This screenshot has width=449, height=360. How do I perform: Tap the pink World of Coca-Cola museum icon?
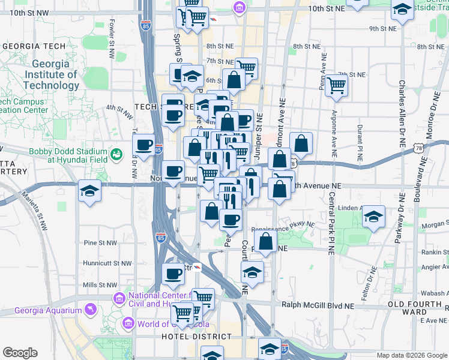tap(127, 325)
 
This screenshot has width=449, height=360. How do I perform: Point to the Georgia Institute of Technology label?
tap(51, 74)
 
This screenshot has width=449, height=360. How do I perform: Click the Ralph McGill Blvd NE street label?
tap(318, 305)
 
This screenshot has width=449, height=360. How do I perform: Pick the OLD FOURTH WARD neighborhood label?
tap(415, 308)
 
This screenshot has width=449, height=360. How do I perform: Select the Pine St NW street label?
tap(99, 243)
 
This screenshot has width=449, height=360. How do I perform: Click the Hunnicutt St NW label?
tap(107, 263)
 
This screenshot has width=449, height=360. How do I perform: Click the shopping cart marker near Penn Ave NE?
tap(336, 85)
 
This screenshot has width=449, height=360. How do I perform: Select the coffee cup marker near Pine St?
tap(174, 273)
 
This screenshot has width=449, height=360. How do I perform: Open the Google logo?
tap(20, 353)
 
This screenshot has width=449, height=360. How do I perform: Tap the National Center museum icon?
tap(119, 298)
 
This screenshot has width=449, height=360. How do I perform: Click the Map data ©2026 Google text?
tap(411, 355)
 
